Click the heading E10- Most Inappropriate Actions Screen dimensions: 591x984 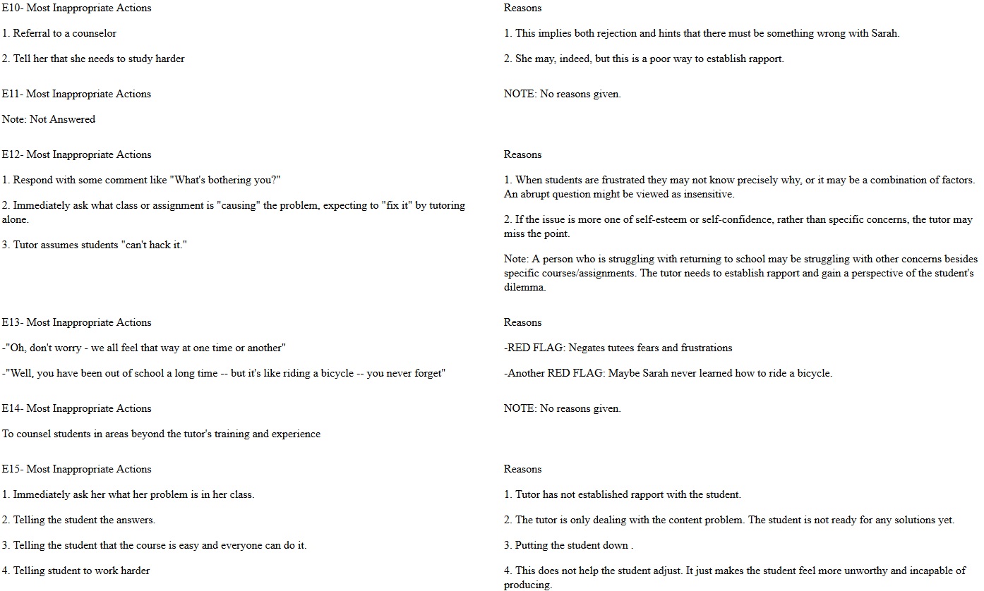point(76,8)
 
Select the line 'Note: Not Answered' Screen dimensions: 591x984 point(49,119)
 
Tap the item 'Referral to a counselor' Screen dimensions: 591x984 point(64,33)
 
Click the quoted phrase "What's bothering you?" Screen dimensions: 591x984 point(225,180)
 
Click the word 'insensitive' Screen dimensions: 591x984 point(707,194)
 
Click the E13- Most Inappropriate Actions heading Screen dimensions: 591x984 point(76,322)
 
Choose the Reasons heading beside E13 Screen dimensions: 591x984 point(522,322)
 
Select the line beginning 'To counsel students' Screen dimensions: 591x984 point(161,434)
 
